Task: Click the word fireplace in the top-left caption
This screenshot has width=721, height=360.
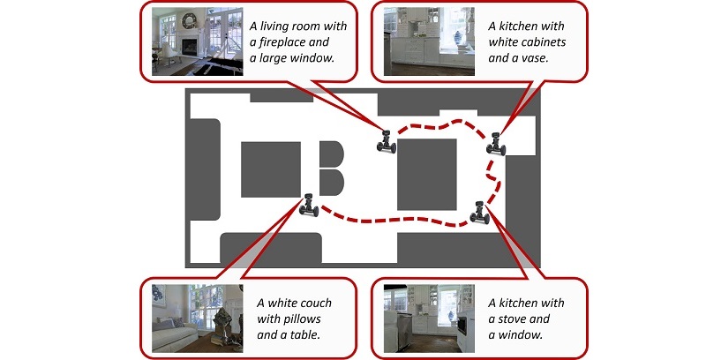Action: coord(293,41)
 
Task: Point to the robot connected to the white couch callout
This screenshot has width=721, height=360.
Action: coord(309,204)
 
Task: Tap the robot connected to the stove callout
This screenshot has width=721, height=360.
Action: coord(480,212)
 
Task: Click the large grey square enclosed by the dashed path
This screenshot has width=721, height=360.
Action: coord(427,174)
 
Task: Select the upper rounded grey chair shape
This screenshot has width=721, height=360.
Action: coord(330,154)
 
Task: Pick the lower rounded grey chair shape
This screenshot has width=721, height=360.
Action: coord(330,183)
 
